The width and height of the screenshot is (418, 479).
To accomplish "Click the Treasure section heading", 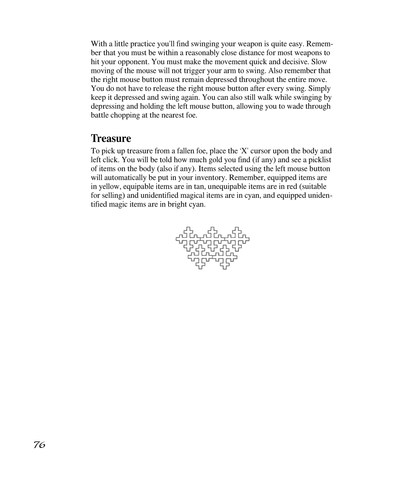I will click(111, 138).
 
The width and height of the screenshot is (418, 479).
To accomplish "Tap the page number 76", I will click(39, 445).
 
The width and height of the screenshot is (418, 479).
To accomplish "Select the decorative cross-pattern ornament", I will click(212, 248).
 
